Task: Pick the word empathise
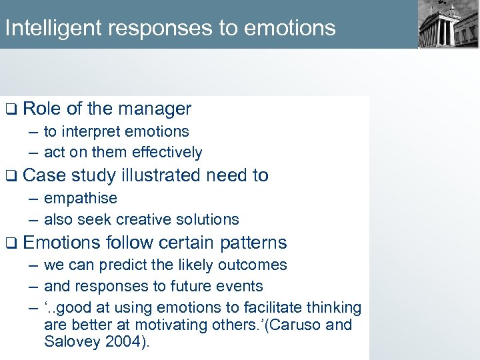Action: [80, 199]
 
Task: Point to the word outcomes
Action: [255, 265]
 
